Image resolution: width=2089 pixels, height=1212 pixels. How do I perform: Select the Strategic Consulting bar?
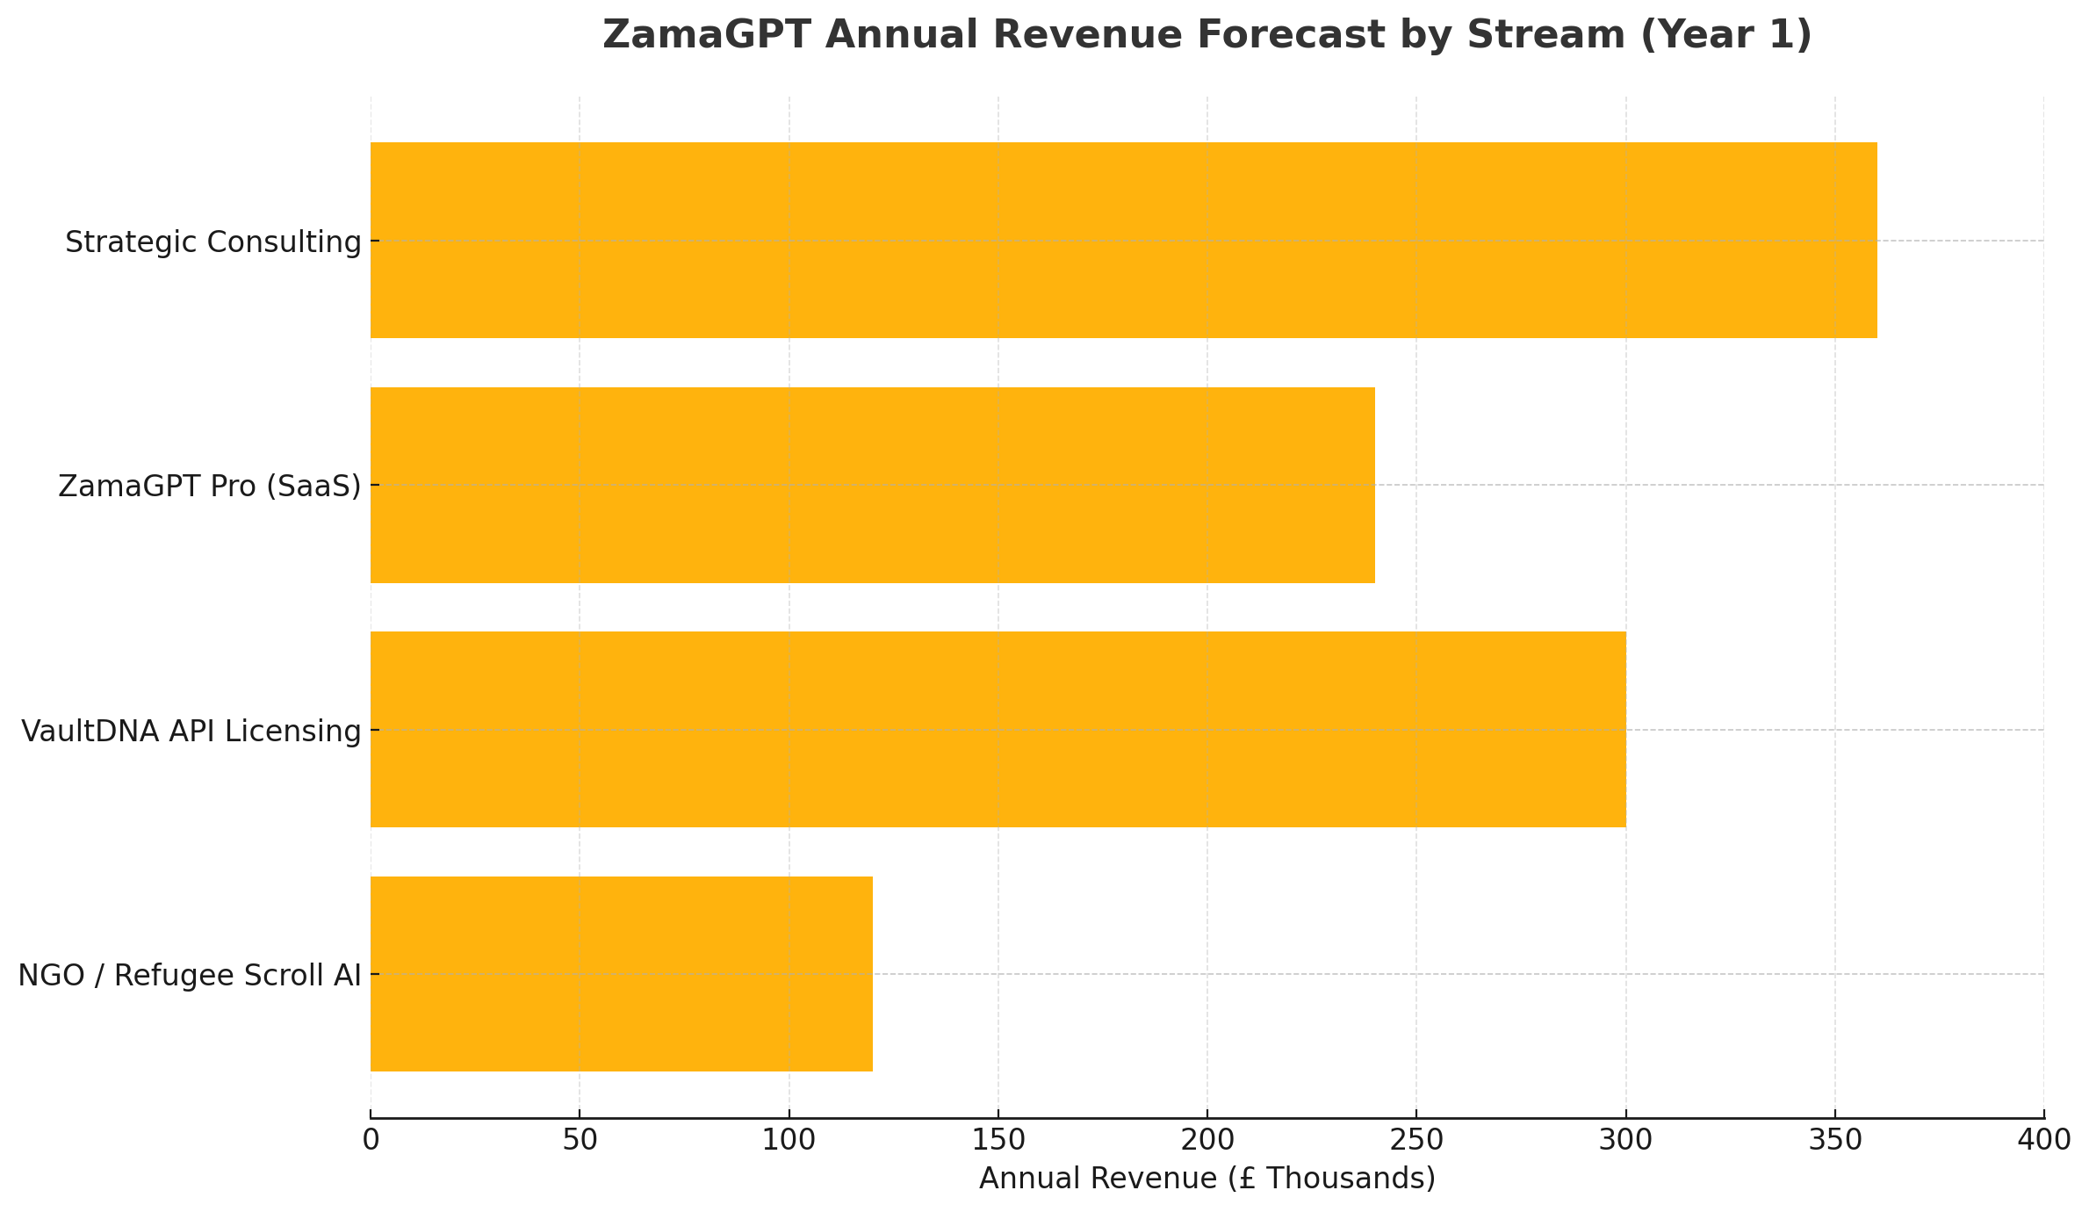pos(1123,240)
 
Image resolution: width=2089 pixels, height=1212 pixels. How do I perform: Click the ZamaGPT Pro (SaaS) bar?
pos(872,485)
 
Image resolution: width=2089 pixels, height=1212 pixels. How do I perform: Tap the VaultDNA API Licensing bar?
pos(998,729)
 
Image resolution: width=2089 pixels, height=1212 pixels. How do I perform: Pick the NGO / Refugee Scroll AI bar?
pos(621,974)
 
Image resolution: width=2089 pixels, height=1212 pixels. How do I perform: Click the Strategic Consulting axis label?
pos(213,242)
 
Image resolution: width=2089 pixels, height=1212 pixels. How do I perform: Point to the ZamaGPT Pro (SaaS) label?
pos(210,487)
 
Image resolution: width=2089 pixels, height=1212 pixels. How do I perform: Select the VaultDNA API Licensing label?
pos(191,731)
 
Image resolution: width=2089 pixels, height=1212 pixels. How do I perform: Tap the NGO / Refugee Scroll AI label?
pos(190,976)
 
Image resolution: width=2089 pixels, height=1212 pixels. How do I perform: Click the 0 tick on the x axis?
pos(371,1140)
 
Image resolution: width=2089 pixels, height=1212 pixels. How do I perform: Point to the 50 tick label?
pos(580,1140)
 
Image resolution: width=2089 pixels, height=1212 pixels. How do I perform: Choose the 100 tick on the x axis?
pos(789,1140)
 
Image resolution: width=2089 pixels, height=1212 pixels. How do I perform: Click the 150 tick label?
pos(998,1140)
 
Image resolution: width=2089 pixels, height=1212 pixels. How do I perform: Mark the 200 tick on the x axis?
pos(1207,1140)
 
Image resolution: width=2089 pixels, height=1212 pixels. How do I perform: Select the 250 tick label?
pos(1415,1140)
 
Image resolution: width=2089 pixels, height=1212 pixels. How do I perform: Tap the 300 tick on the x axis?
pos(1625,1140)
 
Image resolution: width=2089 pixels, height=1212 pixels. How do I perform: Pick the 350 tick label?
pos(1834,1140)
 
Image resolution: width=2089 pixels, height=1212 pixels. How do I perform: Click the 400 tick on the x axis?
pos(2043,1140)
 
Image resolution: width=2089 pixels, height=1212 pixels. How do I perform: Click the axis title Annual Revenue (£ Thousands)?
pos(1207,1179)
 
